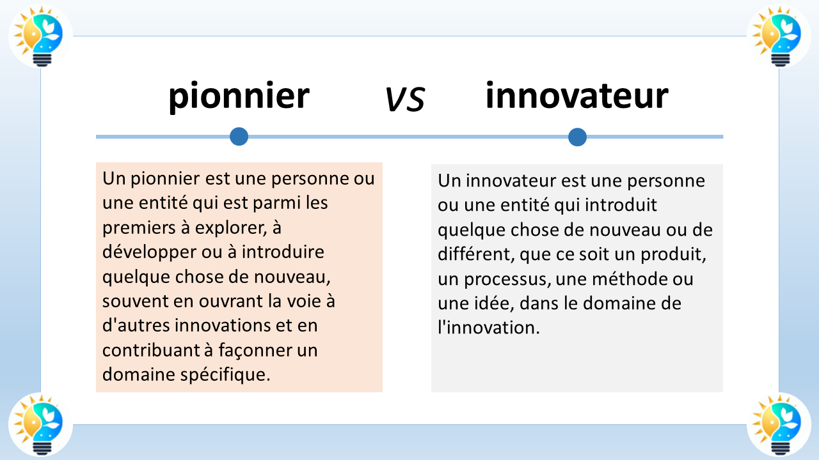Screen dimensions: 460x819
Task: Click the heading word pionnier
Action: [239, 96]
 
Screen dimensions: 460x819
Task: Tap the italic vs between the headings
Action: [405, 99]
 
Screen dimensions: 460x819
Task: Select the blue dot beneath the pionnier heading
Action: [239, 136]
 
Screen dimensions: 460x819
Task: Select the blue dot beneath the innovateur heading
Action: [577, 137]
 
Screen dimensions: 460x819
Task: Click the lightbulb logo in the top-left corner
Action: [40, 36]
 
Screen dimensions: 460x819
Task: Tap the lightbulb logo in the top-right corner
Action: [778, 36]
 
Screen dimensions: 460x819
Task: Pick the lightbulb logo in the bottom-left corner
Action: [40, 423]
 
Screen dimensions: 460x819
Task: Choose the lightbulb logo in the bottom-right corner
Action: [778, 423]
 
